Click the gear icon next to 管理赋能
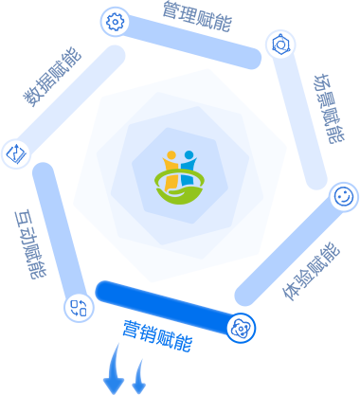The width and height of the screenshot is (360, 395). [x=115, y=22]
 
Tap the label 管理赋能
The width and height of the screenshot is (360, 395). [x=197, y=16]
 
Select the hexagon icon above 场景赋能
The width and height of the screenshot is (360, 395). [x=280, y=45]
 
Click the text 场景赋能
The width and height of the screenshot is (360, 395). [x=330, y=109]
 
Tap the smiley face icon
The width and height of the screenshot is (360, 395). [x=344, y=196]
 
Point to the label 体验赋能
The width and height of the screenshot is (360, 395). [x=311, y=272]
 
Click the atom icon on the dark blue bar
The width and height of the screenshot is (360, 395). [x=242, y=328]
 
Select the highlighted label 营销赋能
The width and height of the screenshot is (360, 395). [x=157, y=335]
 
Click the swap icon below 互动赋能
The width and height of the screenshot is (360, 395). [x=79, y=308]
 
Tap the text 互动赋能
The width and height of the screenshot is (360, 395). [x=31, y=244]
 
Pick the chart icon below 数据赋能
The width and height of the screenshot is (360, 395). [x=16, y=153]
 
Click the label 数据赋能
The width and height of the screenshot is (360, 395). [x=52, y=77]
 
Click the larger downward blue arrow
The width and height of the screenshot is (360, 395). [x=114, y=368]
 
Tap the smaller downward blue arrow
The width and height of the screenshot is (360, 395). [x=139, y=376]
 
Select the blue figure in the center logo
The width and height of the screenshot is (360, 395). [x=189, y=171]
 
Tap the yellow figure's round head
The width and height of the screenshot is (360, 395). [x=171, y=155]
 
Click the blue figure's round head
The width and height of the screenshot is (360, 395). [x=189, y=154]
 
